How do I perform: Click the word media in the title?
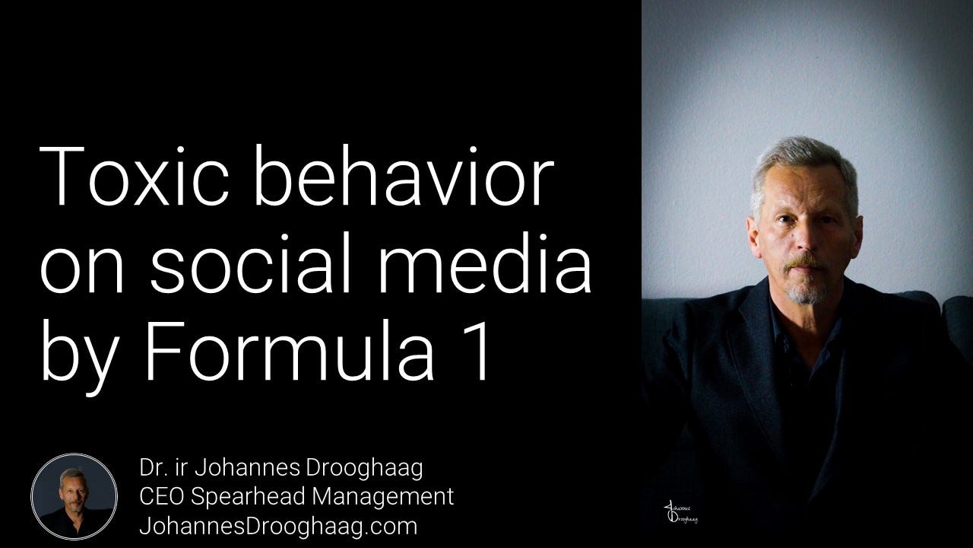coord(485,263)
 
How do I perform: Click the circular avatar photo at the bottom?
coord(74,497)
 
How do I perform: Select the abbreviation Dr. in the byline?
coord(151,468)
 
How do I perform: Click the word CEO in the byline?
coord(160,497)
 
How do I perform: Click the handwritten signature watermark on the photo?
coord(680,513)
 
